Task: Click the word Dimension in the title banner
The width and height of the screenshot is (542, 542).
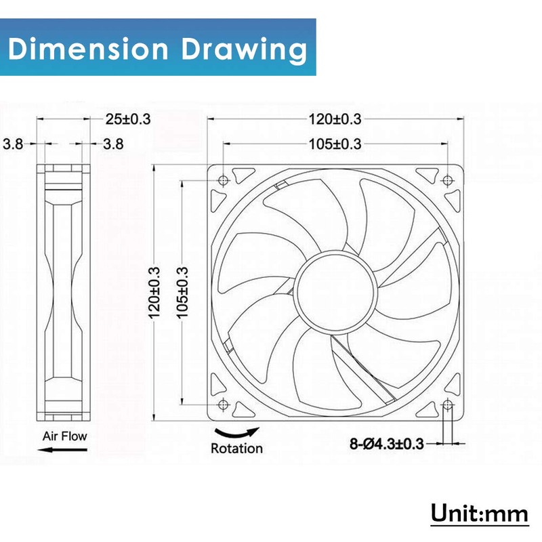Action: coord(88,48)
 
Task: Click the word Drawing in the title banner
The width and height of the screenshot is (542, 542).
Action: coord(244,51)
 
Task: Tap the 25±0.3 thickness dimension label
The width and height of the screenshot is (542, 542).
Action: coord(128,119)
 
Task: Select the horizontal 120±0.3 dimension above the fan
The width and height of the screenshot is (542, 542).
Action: coord(335,119)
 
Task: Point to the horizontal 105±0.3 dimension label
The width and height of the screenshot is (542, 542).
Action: coord(335,144)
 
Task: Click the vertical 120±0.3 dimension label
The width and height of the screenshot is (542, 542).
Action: coord(154,293)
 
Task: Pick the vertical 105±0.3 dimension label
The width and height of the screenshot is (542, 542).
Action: coord(182,293)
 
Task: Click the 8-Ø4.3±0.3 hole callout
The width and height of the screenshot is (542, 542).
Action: coord(386,444)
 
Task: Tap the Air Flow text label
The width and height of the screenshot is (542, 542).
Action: coord(64,436)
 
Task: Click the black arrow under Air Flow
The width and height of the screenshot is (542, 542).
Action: coord(62,450)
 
